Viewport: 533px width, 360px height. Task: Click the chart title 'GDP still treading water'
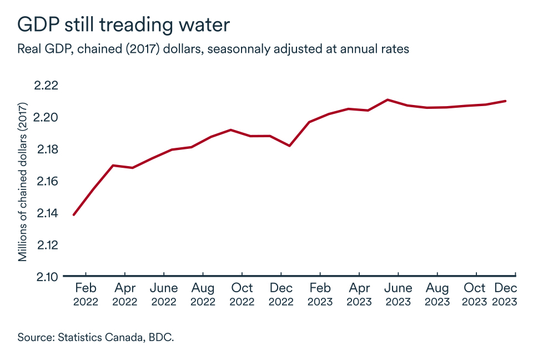123,24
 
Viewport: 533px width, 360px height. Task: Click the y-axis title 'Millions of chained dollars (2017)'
23,182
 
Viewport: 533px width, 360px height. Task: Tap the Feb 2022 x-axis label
86,294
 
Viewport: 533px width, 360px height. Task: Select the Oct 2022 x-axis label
242,294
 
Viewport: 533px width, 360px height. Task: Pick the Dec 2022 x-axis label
281,294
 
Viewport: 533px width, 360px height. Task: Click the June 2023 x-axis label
398,294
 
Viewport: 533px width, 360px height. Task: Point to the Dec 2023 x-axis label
505,294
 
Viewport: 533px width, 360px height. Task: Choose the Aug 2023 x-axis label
437,294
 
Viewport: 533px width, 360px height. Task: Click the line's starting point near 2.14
74,214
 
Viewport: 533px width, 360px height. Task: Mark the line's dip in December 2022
289,146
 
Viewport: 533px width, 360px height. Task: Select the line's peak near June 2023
387,100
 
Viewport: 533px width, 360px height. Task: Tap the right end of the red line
505,101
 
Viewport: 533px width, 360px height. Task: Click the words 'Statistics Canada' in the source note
99,337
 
